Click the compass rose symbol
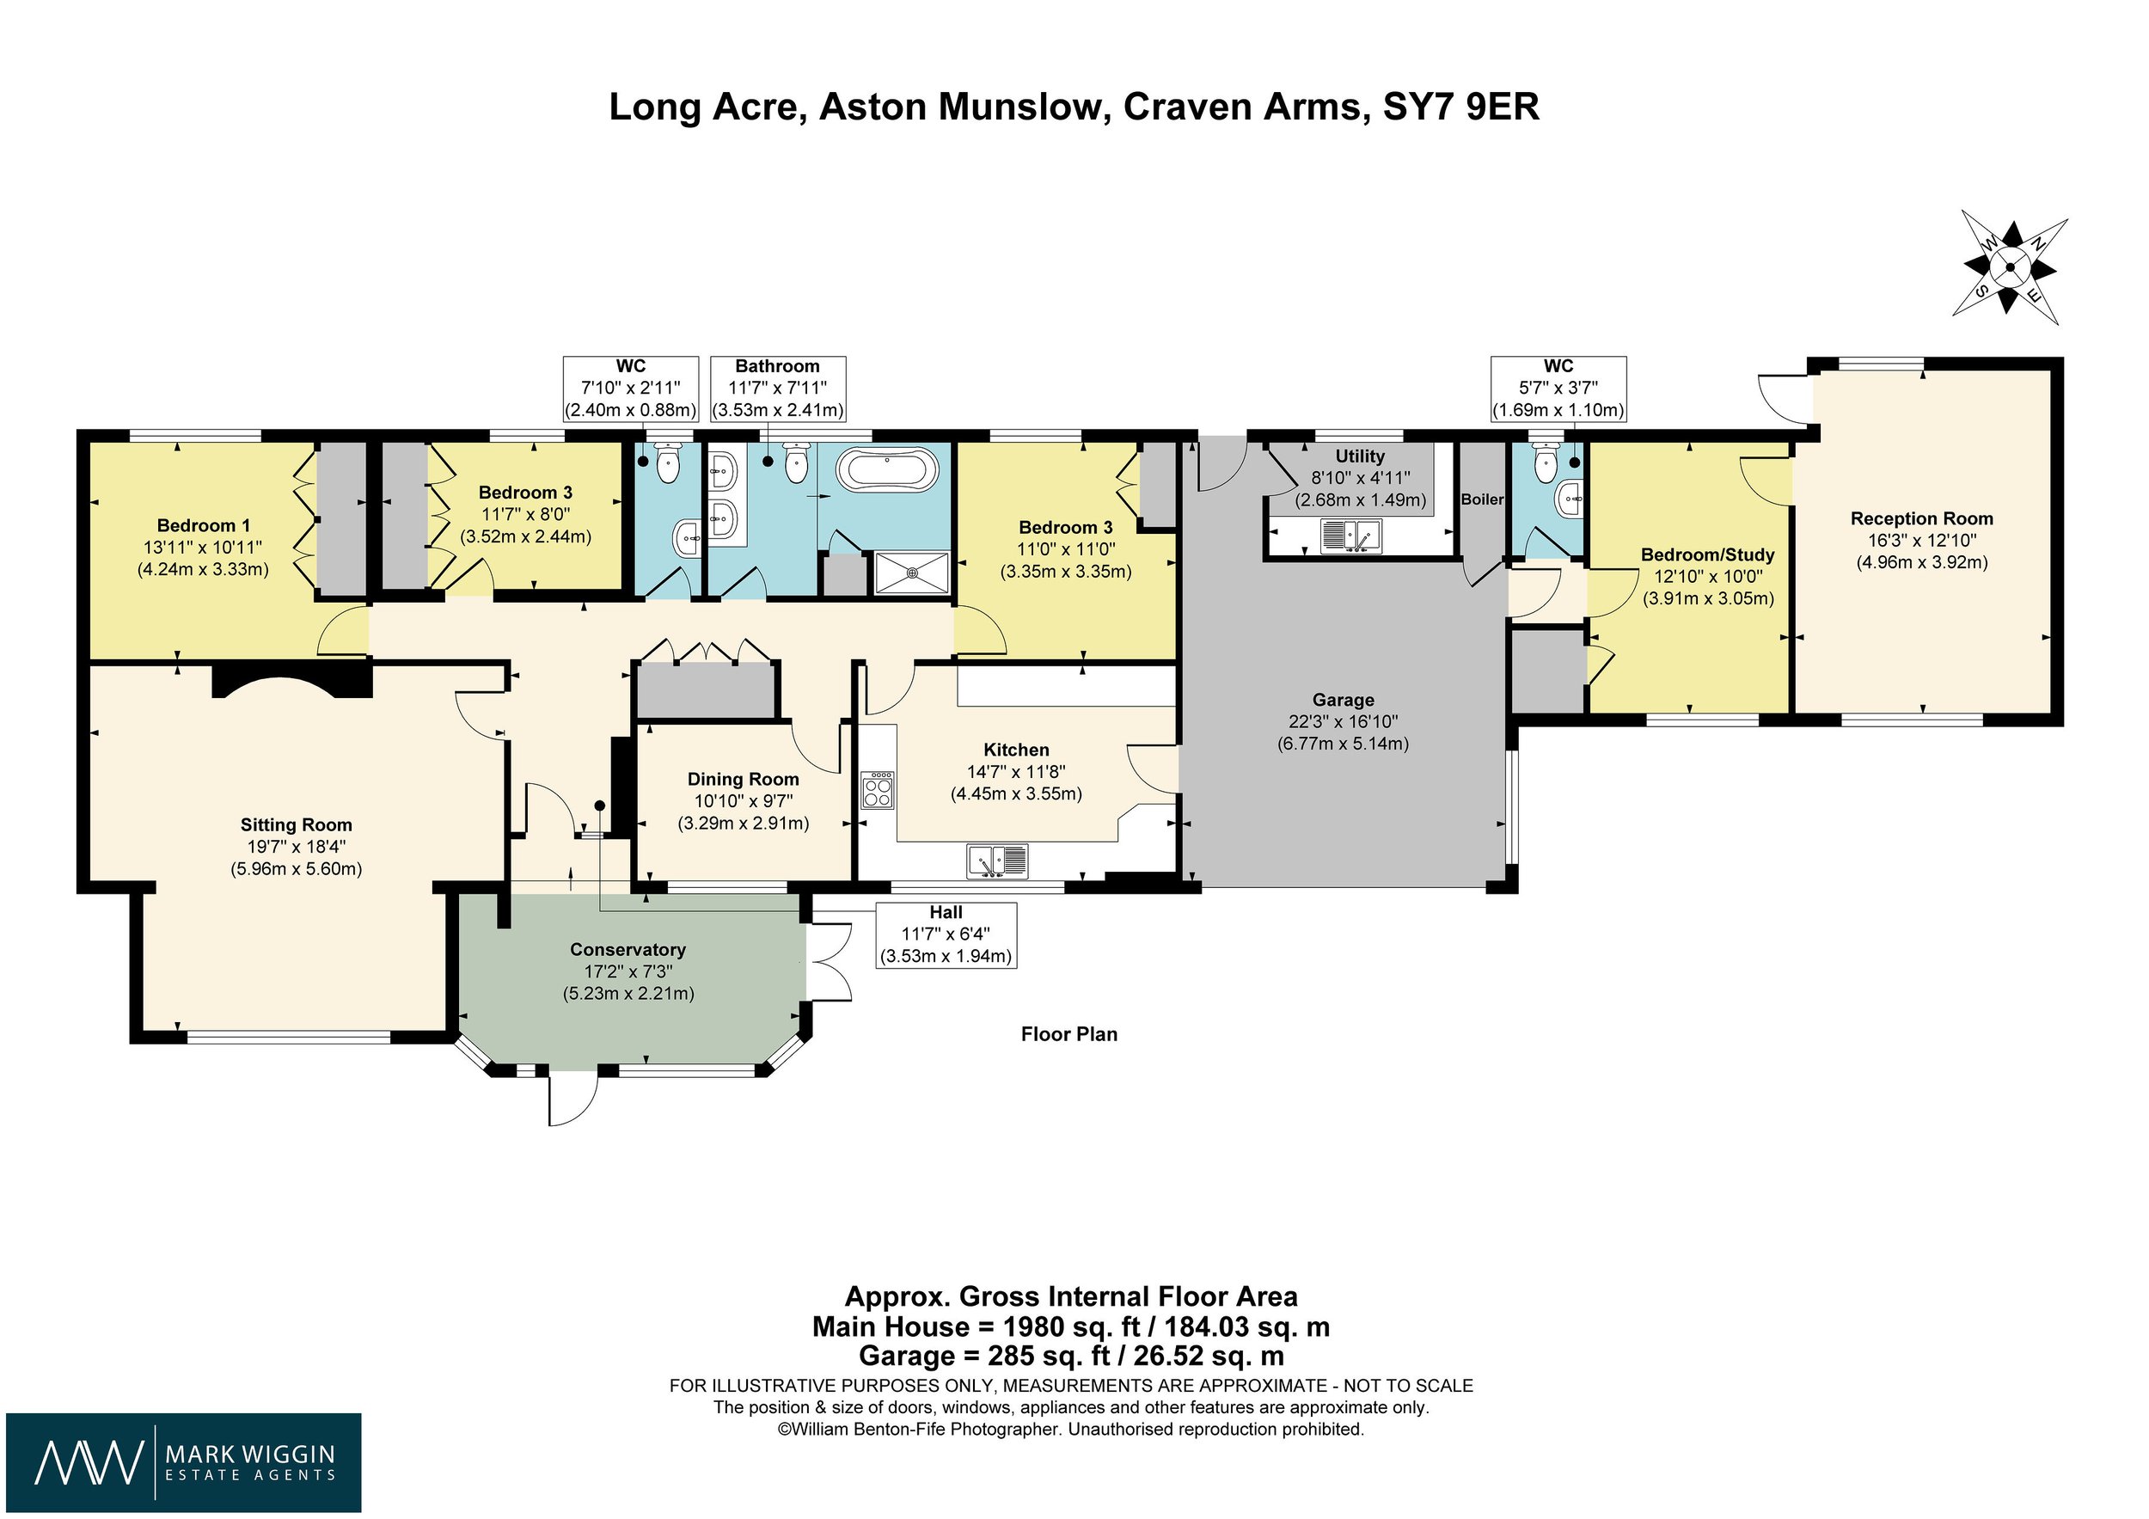tap(2010, 268)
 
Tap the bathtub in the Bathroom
tap(885, 468)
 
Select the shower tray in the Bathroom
tap(913, 573)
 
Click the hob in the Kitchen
tap(878, 790)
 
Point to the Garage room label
tap(1342, 700)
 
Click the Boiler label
tap(1482, 499)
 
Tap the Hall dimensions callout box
tap(946, 934)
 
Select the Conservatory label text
tap(628, 950)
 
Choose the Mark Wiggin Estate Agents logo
tap(183, 1462)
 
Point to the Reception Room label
tap(1921, 518)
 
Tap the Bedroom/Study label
tap(1707, 555)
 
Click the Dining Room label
tap(744, 780)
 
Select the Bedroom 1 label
tap(203, 526)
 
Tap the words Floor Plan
tap(1068, 1034)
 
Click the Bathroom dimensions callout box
tap(777, 389)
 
